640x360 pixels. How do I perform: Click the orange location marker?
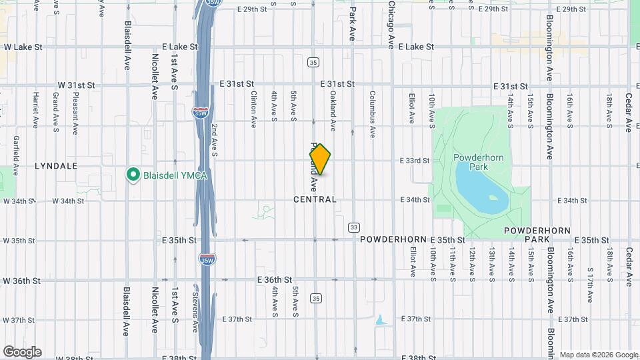(320, 160)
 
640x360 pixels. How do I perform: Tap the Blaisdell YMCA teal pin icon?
(132, 175)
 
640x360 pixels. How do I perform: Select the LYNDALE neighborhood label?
(56, 165)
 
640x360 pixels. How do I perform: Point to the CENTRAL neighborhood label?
(315, 199)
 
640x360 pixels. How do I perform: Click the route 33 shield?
(353, 227)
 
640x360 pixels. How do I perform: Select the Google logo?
(22, 351)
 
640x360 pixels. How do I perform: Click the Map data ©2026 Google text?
(598, 355)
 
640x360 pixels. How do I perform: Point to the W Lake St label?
(23, 47)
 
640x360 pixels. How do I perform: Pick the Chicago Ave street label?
(391, 25)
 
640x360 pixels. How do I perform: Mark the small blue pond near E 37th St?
(381, 320)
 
